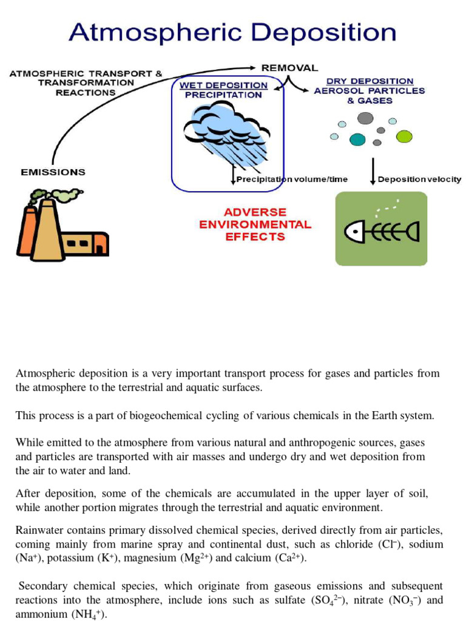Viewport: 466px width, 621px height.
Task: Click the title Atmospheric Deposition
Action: pyautogui.click(x=232, y=32)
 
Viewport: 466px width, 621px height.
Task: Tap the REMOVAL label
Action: pyautogui.click(x=289, y=67)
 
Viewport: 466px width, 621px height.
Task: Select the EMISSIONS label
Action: pyautogui.click(x=53, y=172)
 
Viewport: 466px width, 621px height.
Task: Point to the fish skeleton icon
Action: pyautogui.click(x=381, y=230)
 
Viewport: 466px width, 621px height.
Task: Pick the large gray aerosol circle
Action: pyautogui.click(x=365, y=118)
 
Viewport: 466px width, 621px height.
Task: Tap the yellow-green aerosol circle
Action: pyautogui.click(x=404, y=136)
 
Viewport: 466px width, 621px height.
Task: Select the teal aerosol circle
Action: pyautogui.click(x=357, y=139)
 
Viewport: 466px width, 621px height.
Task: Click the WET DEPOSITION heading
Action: pyautogui.click(x=223, y=86)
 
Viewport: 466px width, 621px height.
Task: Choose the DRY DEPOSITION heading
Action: pyautogui.click(x=370, y=81)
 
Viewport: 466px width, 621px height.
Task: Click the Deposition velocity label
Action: pyautogui.click(x=419, y=180)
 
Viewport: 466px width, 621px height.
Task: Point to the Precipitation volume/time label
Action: pyautogui.click(x=292, y=180)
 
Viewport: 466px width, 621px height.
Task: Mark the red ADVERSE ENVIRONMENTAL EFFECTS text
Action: pyautogui.click(x=255, y=224)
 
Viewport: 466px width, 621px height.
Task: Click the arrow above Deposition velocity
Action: pyautogui.click(x=373, y=170)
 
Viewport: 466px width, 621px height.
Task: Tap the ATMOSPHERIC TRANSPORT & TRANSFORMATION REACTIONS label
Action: pyautogui.click(x=86, y=83)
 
